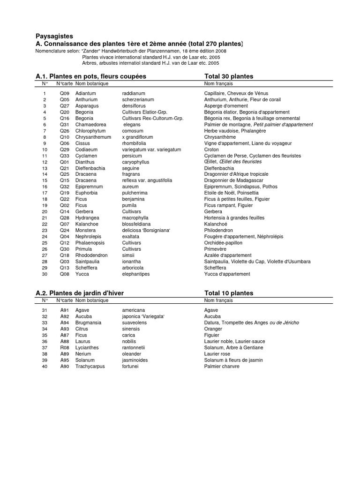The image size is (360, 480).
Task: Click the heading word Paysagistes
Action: click(x=54, y=36)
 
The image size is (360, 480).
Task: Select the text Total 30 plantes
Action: click(x=229, y=76)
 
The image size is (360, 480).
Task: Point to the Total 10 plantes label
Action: click(x=229, y=293)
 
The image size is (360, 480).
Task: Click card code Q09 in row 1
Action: click(x=64, y=94)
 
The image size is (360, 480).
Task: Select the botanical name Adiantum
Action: click(x=86, y=94)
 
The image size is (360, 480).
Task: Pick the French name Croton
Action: click(x=211, y=150)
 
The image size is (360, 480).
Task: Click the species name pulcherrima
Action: click(x=135, y=193)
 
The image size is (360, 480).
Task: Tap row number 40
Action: click(x=45, y=366)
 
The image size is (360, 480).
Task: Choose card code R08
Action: click(x=64, y=347)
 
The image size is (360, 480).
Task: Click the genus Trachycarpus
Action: click(x=90, y=366)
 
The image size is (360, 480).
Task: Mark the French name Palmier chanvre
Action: click(x=222, y=366)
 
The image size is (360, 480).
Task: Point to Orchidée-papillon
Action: click(x=224, y=243)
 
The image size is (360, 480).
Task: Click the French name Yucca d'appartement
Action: click(x=227, y=274)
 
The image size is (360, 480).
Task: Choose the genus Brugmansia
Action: click(x=89, y=322)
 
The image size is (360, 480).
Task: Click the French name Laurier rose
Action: click(x=217, y=354)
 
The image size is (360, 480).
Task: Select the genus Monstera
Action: click(x=85, y=230)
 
